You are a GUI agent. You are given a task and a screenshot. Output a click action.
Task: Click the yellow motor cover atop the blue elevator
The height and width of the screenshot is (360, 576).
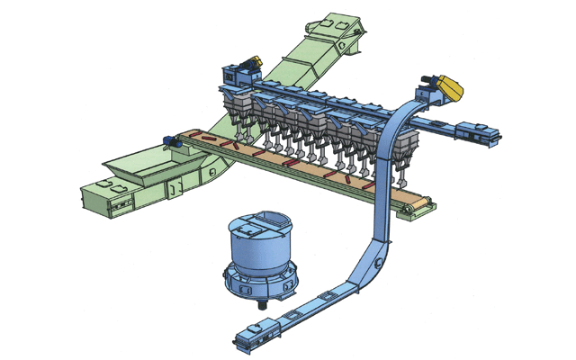click(x=447, y=88)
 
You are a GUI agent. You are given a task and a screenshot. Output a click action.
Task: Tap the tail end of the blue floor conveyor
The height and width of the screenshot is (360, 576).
click(x=247, y=340)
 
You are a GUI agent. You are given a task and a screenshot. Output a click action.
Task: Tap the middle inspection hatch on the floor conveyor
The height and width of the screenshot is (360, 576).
click(x=296, y=315)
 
